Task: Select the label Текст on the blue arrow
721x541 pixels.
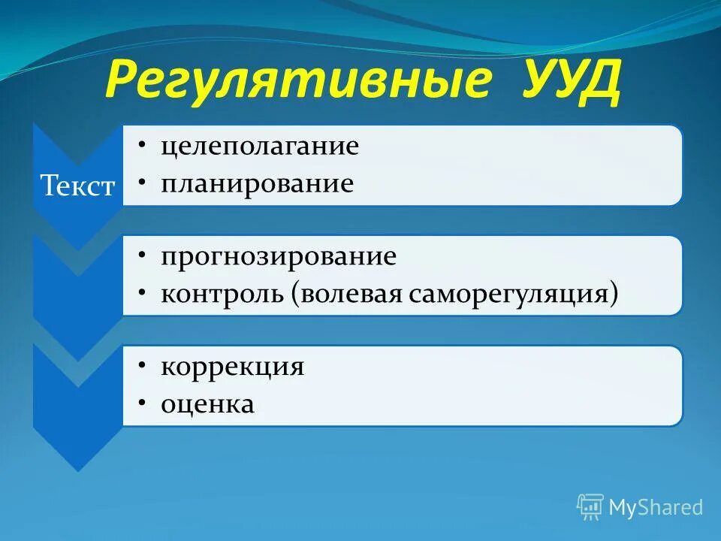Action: (x=77, y=186)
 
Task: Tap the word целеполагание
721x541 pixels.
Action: (x=259, y=146)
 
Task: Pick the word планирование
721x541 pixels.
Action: (x=257, y=183)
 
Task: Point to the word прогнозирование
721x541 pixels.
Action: (x=278, y=256)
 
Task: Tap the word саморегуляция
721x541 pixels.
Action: (x=510, y=293)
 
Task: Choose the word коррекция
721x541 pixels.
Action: (x=232, y=367)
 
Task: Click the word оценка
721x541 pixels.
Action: (x=207, y=404)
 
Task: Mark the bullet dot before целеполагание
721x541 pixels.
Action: (x=142, y=146)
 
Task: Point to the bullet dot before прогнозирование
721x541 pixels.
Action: (x=142, y=256)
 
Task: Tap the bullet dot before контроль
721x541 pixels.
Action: (x=142, y=293)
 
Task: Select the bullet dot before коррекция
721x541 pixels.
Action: (x=142, y=367)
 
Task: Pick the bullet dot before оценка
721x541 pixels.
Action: (x=142, y=404)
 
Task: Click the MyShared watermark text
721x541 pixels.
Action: (x=655, y=507)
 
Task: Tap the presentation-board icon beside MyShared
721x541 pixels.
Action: (x=590, y=506)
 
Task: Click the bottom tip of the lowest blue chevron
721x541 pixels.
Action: (x=77, y=470)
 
